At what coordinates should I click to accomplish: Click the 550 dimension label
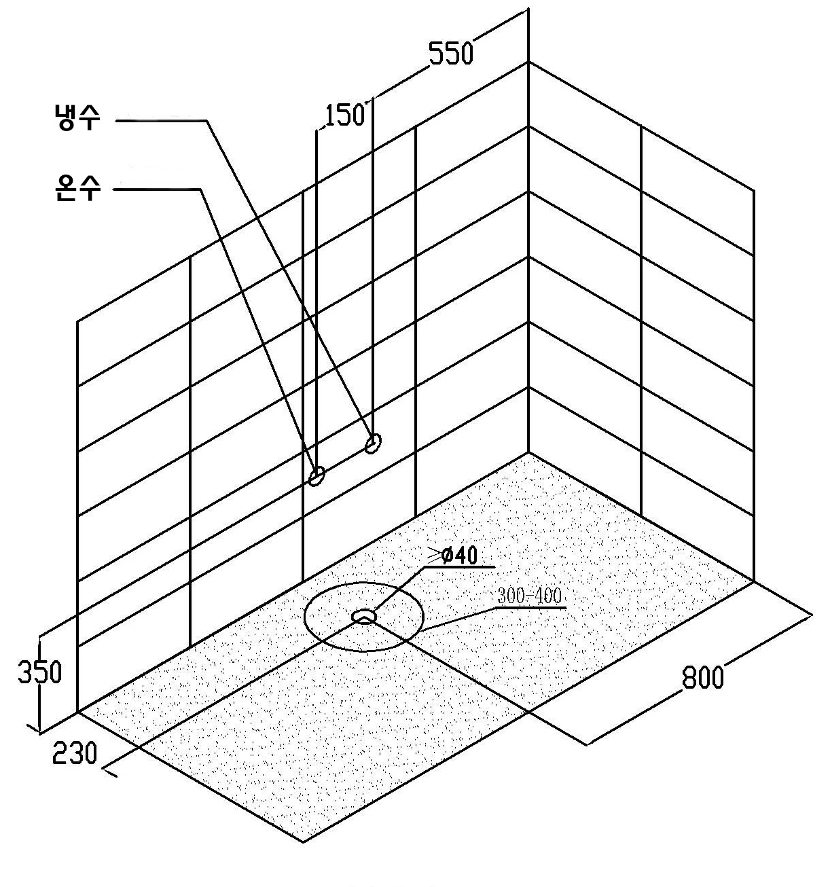450,53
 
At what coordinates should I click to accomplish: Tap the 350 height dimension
39,672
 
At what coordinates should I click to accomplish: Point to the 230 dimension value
74,753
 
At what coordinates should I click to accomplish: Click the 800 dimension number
702,677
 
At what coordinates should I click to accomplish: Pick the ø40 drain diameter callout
459,556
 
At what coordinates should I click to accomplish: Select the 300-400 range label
529,596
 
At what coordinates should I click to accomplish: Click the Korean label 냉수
76,117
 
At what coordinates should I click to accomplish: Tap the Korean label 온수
77,187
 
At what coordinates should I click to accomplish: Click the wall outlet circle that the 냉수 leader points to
373,443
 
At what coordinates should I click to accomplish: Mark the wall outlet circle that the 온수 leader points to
317,476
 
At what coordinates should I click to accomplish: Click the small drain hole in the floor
364,617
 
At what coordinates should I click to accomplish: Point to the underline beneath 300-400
531,607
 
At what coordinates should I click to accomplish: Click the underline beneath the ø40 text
458,566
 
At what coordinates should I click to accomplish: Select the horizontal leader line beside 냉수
161,120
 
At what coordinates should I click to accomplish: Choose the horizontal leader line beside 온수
157,189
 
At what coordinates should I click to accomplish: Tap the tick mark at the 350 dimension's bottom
34,729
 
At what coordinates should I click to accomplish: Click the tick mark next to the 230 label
110,772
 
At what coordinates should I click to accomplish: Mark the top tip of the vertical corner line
529,8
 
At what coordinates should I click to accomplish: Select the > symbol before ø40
434,554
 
